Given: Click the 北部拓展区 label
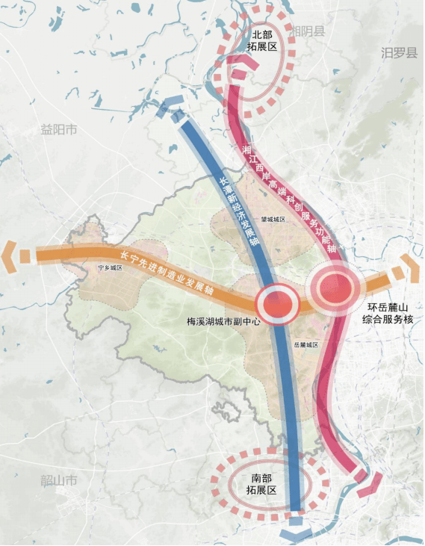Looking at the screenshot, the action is coord(263,40).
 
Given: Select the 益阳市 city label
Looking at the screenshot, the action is coord(59,129).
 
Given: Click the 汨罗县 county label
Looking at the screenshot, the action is coord(398,53).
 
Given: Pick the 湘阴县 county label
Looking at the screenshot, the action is coord(309,31).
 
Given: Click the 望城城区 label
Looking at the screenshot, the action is coord(273,220).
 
